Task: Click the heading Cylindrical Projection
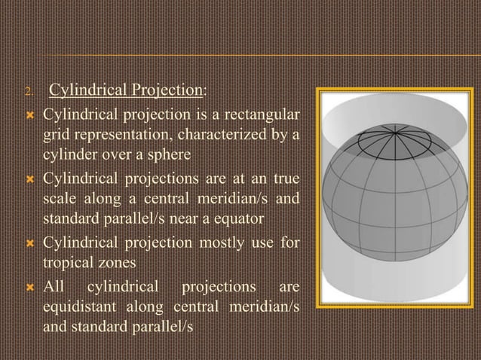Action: tap(126, 92)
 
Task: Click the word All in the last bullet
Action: tap(53, 289)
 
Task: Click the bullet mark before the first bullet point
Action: tap(30, 116)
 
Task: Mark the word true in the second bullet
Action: tap(285, 180)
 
